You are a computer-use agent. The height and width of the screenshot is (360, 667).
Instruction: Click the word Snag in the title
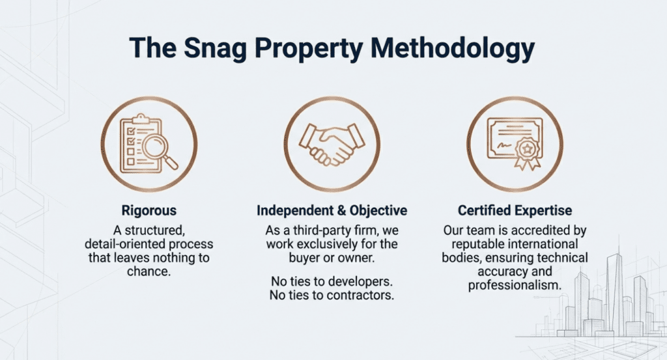tap(215, 48)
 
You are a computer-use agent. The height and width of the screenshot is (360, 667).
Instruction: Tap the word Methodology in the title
tap(453, 48)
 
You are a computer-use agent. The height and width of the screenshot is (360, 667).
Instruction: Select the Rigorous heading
tap(149, 210)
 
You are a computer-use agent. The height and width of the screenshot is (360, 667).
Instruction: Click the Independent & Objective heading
tap(332, 210)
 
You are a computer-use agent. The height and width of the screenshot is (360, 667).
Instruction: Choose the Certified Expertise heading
tap(515, 210)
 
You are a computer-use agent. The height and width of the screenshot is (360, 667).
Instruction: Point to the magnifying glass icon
tap(158, 150)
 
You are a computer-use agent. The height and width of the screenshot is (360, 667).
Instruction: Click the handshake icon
tap(332, 144)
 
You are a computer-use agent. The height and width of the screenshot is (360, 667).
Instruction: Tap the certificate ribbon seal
tap(528, 154)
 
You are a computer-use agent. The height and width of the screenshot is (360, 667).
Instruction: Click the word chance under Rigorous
tap(149, 271)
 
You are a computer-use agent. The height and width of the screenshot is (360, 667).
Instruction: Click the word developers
tap(361, 281)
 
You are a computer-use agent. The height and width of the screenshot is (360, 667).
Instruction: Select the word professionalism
tap(515, 284)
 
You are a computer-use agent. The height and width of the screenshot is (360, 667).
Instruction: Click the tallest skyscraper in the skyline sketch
tap(615, 292)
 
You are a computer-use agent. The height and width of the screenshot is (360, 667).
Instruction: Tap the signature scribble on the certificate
tap(504, 145)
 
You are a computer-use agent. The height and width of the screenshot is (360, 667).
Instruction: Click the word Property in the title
tap(309, 48)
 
